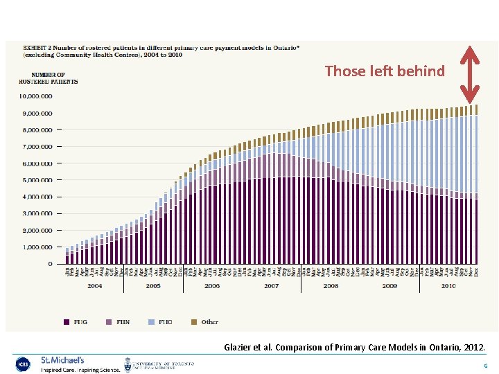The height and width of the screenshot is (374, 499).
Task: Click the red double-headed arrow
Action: coord(471,73)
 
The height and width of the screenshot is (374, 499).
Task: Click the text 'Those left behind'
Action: coord(385,71)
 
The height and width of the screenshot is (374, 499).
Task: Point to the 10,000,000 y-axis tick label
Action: coord(35,96)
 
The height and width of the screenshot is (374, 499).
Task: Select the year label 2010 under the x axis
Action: coord(448,285)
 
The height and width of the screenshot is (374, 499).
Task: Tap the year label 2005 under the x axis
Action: coord(152,285)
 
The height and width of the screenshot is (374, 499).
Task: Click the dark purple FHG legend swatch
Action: coord(67,322)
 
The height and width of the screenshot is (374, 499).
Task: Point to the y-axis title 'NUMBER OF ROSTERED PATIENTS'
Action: coord(48,78)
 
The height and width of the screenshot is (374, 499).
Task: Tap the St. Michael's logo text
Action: coord(62,361)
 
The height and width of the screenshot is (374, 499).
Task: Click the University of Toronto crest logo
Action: coord(128,364)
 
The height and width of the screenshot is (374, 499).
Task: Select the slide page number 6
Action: coord(486,366)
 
